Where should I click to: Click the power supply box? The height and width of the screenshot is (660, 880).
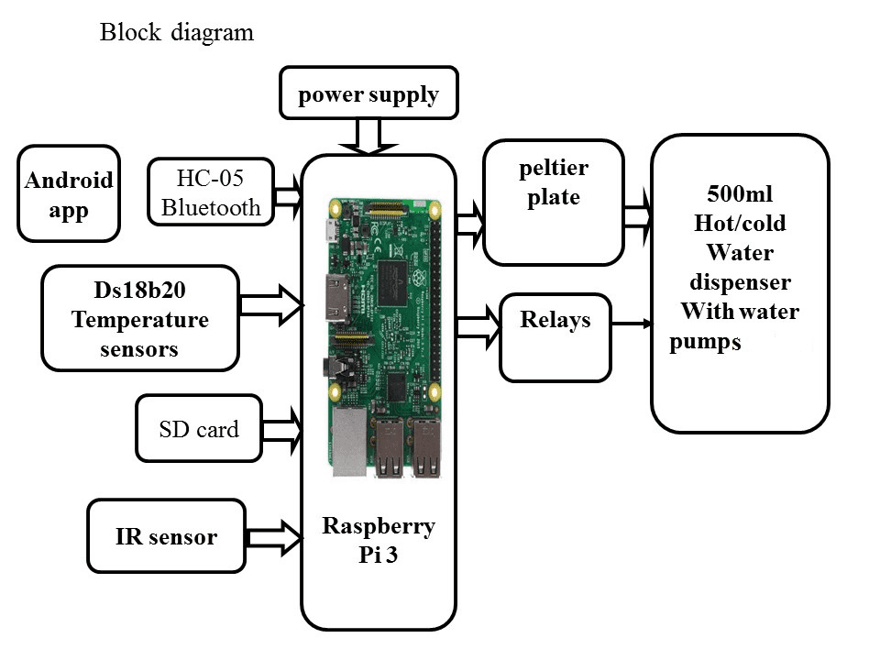368,93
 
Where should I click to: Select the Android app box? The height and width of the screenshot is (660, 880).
69,193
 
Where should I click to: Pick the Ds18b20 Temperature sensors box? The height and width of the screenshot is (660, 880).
140,318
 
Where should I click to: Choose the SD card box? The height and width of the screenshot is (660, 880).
198,428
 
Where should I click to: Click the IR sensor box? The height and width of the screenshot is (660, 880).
166,536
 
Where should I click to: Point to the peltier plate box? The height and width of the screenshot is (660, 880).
554,202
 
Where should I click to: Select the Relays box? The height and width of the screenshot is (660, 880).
555,336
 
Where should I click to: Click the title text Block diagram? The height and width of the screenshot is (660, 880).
176,34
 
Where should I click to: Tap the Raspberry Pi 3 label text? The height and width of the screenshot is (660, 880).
379,541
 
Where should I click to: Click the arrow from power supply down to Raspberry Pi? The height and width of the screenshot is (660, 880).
368,136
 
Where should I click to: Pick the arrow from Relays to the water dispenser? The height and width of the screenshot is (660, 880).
632,324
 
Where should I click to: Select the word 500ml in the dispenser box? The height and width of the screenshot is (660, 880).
739,194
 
